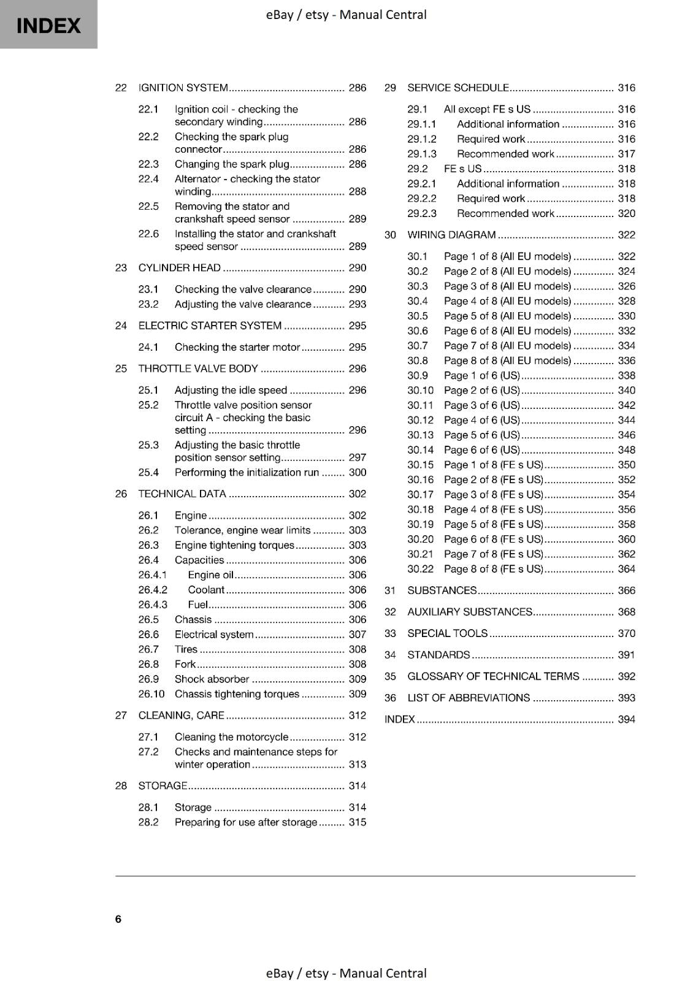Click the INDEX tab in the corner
pos(48,25)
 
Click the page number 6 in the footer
pos(118,918)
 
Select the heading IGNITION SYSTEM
pos(183,88)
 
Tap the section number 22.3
pos(148,164)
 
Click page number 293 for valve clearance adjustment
pos(357,304)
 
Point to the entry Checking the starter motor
pos(237,347)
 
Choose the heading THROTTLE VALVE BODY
pos(198,368)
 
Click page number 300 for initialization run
pos(357,472)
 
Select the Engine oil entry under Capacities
pos(211,574)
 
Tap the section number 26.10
pos(151,694)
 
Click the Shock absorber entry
pos(212,679)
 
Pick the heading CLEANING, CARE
pos(182,716)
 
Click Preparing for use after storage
pos(246,822)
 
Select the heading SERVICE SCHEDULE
pos(458,88)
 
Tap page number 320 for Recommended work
pos(626,213)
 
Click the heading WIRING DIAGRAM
pos(451,235)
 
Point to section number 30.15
pos(420,465)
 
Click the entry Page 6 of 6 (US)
pos(481,450)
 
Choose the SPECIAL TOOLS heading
pos(447,633)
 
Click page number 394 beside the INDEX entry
pos(626,719)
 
